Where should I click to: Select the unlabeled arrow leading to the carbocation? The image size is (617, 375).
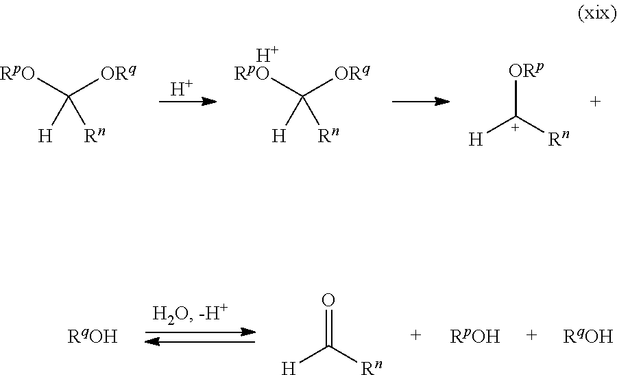(420, 102)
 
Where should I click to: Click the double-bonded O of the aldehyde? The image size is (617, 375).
(328, 299)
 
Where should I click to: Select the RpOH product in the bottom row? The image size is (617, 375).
(474, 337)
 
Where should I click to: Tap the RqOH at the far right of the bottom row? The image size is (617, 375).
(588, 337)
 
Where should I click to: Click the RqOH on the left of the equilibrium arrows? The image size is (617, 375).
(92, 337)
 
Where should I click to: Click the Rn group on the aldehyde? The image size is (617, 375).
(372, 369)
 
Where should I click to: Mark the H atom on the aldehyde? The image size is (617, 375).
(289, 369)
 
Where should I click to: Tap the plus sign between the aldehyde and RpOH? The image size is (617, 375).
(415, 336)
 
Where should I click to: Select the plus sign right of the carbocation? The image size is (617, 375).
(594, 102)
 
